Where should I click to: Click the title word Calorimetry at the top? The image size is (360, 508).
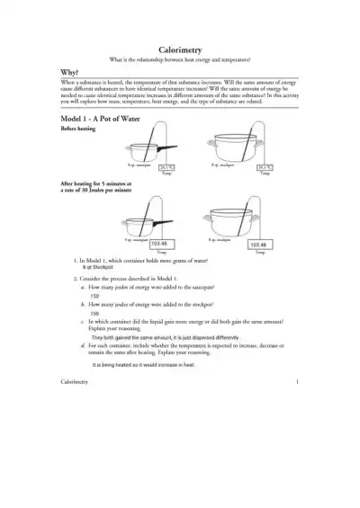click(x=179, y=51)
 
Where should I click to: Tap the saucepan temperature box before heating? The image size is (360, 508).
click(x=166, y=166)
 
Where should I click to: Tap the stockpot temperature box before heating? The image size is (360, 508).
click(x=265, y=166)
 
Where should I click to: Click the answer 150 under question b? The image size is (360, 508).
click(x=94, y=314)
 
